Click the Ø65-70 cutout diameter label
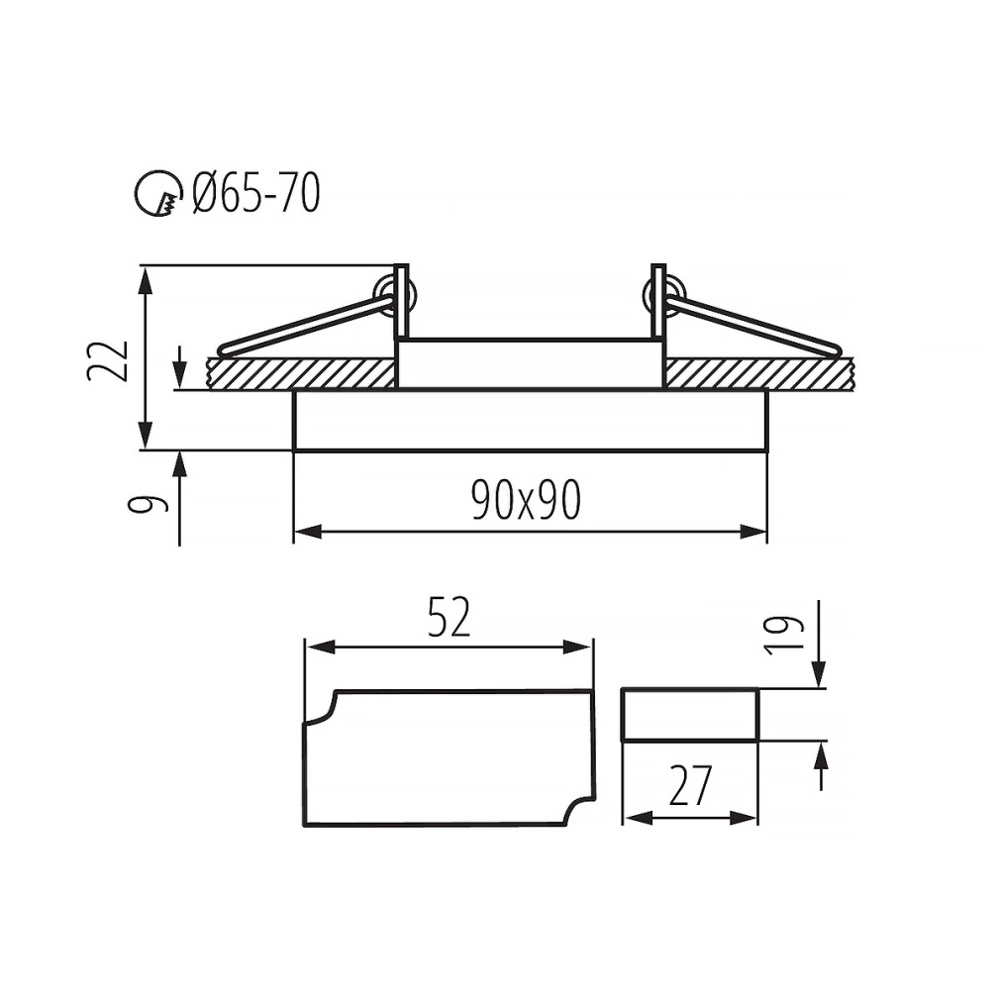click(256, 194)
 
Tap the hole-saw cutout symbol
click(156, 193)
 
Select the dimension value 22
click(107, 361)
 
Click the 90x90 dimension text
click(526, 500)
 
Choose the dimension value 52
click(449, 617)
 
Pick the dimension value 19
click(784, 635)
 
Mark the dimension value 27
click(690, 786)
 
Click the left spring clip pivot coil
click(394, 295)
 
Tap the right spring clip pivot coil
click(664, 295)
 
